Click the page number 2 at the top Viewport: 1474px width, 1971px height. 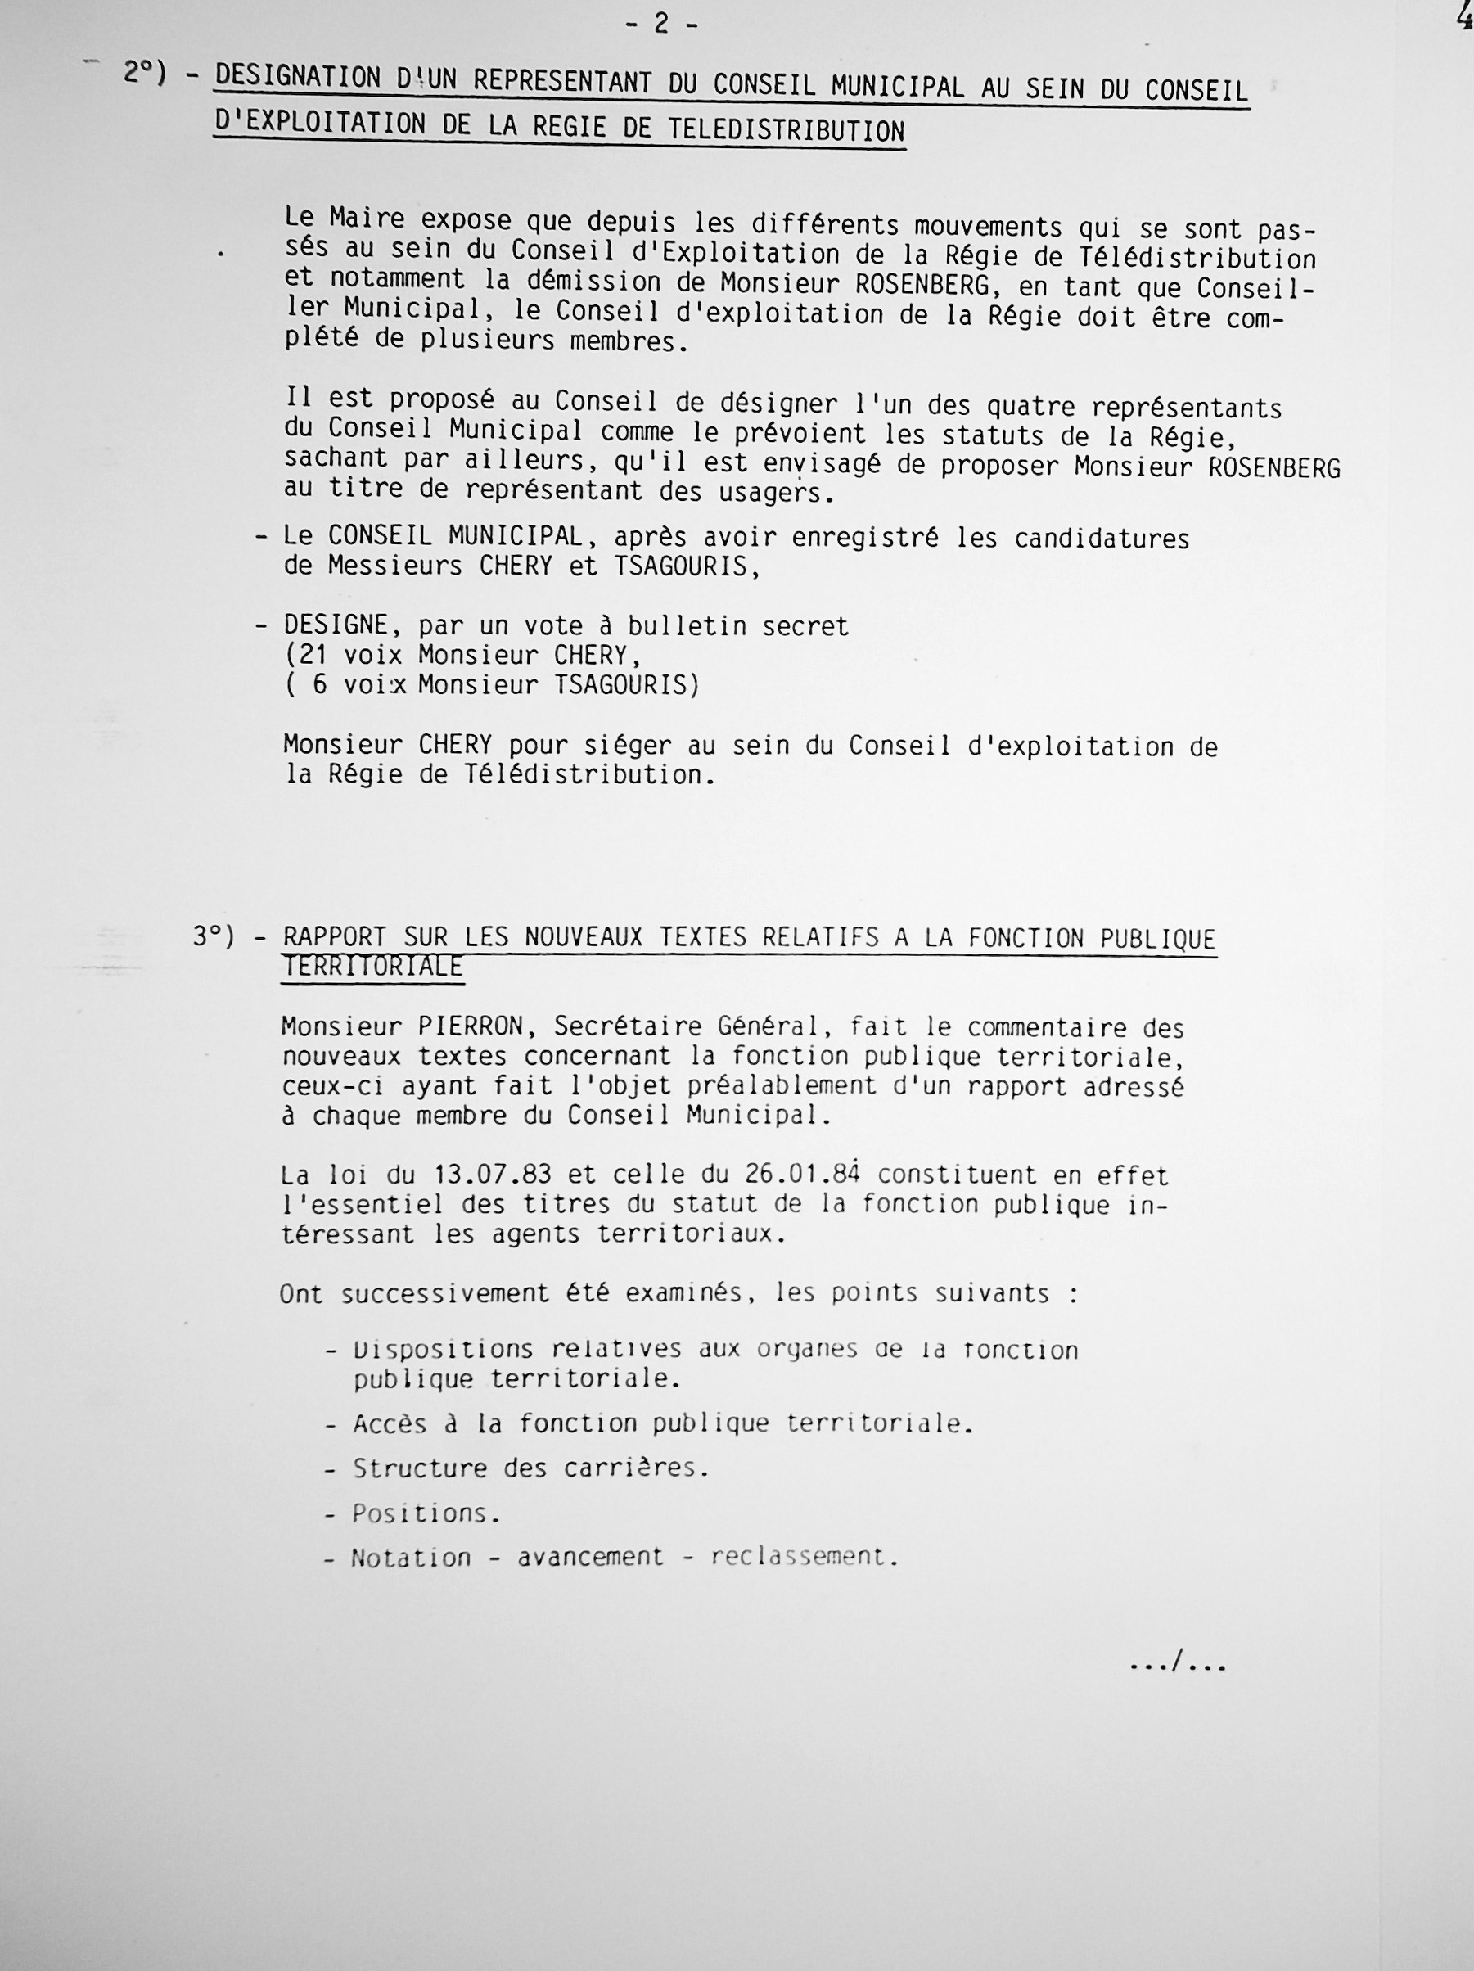tap(660, 23)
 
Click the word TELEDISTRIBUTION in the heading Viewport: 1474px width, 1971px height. tap(786, 130)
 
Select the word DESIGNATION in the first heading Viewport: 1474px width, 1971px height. tap(298, 79)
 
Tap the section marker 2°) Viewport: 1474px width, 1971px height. tap(145, 73)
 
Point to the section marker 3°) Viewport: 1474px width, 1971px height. tap(214, 936)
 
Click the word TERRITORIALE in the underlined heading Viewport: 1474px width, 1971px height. tap(372, 967)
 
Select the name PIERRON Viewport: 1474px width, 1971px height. tap(471, 1026)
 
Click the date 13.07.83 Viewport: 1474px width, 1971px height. tap(494, 1175)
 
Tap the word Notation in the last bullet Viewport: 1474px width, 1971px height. tap(411, 1557)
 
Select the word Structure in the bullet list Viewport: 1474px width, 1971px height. tap(420, 1468)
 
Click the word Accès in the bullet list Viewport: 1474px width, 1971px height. tap(390, 1424)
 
